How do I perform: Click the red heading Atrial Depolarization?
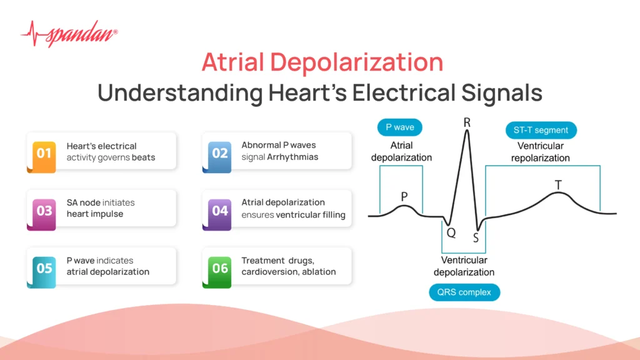tap(322, 62)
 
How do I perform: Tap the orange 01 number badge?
tap(44, 153)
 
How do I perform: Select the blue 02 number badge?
tap(219, 153)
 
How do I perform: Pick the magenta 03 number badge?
tap(44, 211)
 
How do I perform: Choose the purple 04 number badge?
tap(219, 211)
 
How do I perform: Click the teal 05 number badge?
tap(44, 268)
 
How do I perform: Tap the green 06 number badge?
tap(219, 268)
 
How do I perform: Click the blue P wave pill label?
tap(399, 128)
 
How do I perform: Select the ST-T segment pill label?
tap(541, 130)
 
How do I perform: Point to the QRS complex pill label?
tap(464, 292)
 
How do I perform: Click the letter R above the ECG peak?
tap(466, 122)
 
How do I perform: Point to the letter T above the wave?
tap(557, 185)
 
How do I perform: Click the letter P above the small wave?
tap(404, 196)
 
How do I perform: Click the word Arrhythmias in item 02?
tap(292, 157)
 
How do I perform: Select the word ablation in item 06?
tap(318, 272)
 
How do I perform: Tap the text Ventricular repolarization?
tap(540, 152)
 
